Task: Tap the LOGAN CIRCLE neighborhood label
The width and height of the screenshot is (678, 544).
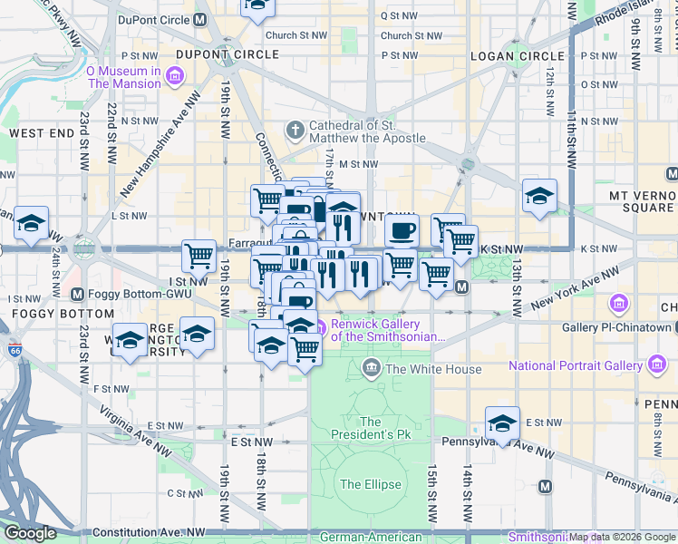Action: [512, 55]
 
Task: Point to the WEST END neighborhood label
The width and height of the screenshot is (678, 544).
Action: [41, 133]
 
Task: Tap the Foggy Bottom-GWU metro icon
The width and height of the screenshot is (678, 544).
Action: [77, 294]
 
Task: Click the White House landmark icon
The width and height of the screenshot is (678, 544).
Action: [371, 368]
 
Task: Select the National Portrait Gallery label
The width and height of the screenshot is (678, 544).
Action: [576, 365]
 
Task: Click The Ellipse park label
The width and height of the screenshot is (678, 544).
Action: [370, 484]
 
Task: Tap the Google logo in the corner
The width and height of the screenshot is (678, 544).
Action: [30, 533]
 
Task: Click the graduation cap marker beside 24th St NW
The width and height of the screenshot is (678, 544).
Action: [31, 224]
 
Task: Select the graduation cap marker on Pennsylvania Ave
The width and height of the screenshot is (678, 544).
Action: [502, 423]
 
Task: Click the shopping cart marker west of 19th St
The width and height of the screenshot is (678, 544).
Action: [199, 256]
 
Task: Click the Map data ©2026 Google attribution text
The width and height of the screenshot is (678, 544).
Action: [622, 537]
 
